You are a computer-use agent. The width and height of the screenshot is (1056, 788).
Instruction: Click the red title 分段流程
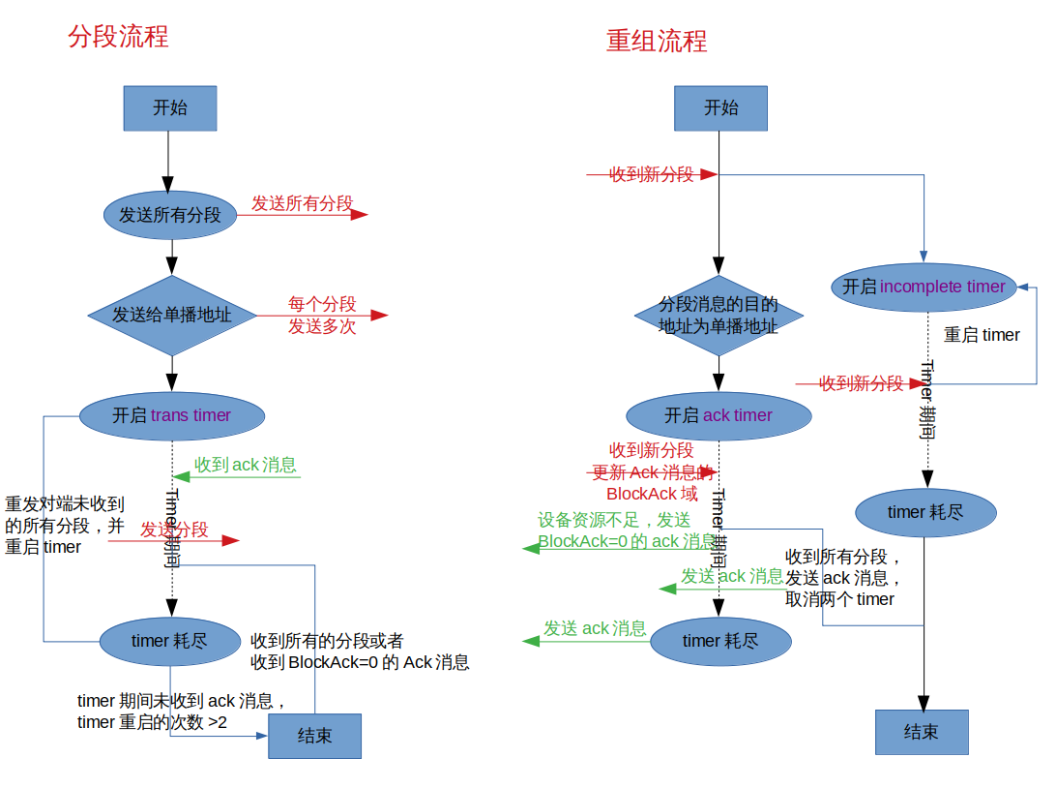tap(118, 37)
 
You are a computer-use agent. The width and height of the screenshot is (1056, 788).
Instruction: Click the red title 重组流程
tap(657, 41)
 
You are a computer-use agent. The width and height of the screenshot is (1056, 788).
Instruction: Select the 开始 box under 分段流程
tap(169, 108)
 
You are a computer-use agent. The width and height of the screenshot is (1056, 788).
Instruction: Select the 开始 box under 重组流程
tap(720, 108)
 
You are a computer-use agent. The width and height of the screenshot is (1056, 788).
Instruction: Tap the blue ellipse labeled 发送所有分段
tap(170, 215)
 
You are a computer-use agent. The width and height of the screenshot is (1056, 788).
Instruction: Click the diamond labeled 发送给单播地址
tap(172, 316)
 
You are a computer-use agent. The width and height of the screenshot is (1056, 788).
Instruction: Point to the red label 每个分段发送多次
tap(322, 316)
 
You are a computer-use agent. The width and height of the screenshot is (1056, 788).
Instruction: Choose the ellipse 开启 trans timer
tap(172, 415)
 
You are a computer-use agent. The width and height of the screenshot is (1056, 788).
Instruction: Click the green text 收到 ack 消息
tap(246, 465)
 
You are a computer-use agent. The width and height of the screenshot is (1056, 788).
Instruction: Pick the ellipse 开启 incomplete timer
tap(924, 287)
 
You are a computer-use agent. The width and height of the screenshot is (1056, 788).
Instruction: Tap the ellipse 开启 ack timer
tap(719, 415)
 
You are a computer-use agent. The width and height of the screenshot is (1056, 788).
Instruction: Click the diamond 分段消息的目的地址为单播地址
tap(719, 316)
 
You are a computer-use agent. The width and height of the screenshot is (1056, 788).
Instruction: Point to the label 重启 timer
tap(982, 335)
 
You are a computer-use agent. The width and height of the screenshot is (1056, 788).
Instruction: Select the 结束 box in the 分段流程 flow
tap(314, 736)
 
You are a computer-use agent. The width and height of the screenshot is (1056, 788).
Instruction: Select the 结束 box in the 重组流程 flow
tap(922, 732)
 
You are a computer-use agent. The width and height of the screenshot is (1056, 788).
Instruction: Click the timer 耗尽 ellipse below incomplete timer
tap(925, 512)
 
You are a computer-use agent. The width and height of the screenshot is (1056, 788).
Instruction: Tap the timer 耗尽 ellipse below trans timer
tap(170, 641)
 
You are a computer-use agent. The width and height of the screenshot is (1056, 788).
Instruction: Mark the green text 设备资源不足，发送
tap(614, 520)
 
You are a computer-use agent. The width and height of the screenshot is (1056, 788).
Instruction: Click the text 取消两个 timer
tap(839, 599)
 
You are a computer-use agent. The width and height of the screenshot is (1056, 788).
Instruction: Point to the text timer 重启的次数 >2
tap(153, 722)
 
